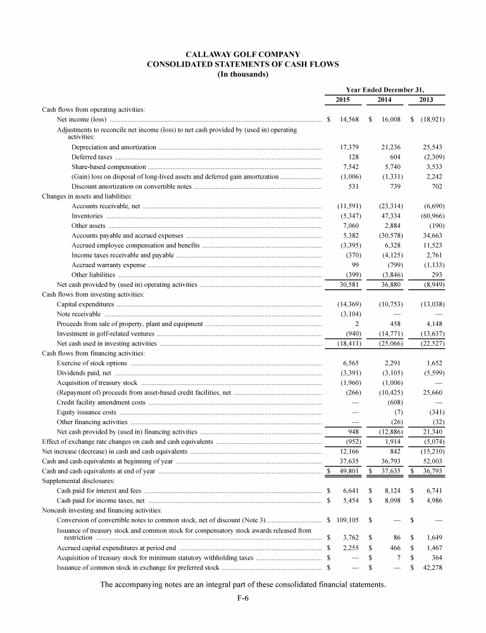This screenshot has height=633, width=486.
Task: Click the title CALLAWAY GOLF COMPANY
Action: (242, 54)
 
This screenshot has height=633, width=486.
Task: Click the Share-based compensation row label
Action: (103, 166)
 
